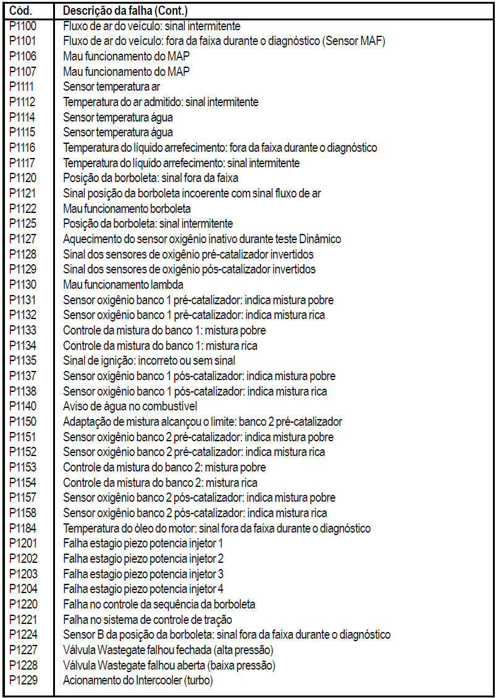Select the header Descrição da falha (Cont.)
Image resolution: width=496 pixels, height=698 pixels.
click(x=125, y=11)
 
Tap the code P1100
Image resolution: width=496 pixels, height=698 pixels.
click(x=23, y=27)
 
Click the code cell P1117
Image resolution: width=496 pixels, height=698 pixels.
click(x=23, y=163)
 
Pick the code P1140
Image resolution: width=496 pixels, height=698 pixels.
click(x=23, y=406)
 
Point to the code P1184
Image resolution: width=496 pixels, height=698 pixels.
click(x=23, y=528)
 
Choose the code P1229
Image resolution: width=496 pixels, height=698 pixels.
click(x=23, y=680)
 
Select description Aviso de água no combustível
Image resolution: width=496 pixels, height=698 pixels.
click(x=130, y=406)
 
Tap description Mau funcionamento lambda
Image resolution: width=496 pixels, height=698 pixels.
click(x=124, y=285)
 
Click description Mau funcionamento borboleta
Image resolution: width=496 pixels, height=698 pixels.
click(x=127, y=209)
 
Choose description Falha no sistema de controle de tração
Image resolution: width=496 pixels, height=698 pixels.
click(x=148, y=620)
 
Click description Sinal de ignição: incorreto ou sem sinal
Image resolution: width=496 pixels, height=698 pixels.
click(x=149, y=360)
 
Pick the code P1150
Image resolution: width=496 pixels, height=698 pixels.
click(x=23, y=422)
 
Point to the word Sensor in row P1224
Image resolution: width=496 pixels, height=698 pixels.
click(x=77, y=634)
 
